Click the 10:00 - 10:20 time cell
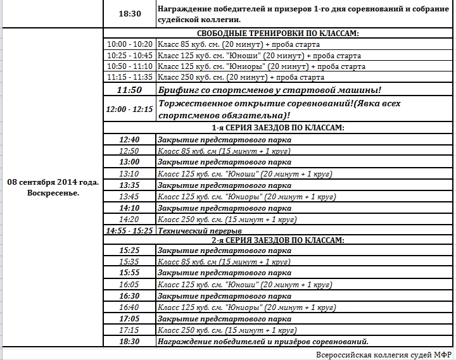(x=130, y=44)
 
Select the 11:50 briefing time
(x=129, y=90)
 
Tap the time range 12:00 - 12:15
(x=129, y=109)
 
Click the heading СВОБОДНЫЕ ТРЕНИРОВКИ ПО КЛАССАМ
(x=278, y=34)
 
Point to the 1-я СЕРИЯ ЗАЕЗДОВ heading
(x=278, y=128)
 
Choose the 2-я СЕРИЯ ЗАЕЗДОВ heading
(x=278, y=240)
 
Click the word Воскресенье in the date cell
(x=53, y=192)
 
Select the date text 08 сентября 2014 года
(x=53, y=182)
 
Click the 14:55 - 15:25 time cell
(x=129, y=231)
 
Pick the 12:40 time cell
(x=129, y=139)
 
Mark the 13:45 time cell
(x=129, y=197)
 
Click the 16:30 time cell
(x=129, y=295)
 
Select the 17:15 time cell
(x=129, y=330)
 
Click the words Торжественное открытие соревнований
(x=253, y=103)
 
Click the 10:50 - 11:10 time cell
(x=130, y=66)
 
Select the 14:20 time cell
(x=129, y=220)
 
